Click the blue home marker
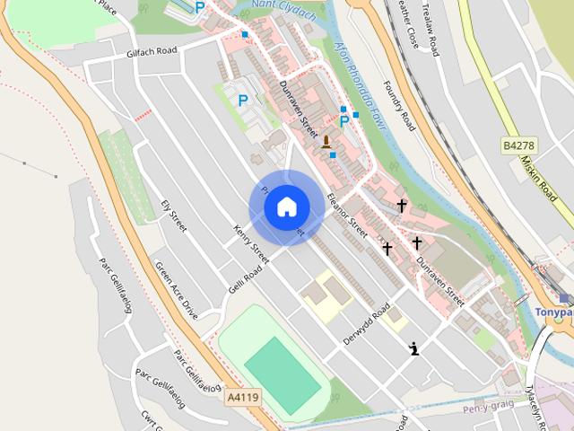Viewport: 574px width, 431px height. click(x=286, y=207)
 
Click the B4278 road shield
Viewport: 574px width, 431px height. click(x=518, y=144)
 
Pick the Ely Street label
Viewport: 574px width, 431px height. click(x=173, y=215)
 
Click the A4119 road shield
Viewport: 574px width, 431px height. click(x=242, y=396)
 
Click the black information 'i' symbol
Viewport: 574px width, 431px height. click(x=413, y=349)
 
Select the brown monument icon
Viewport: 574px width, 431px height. click(x=326, y=141)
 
